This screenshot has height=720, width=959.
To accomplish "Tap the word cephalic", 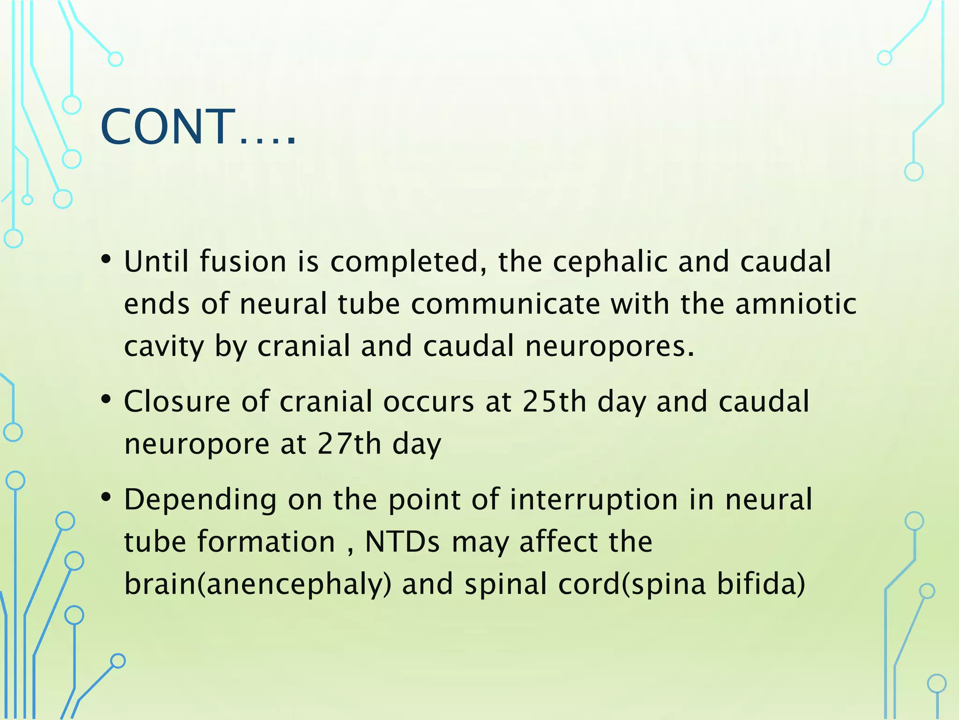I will (609, 262).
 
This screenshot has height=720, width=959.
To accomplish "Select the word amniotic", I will (796, 304).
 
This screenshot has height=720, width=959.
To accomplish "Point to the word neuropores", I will (609, 347).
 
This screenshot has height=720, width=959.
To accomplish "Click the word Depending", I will (200, 501).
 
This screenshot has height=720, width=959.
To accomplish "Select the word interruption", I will (593, 500).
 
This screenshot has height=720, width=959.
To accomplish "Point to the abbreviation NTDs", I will (402, 542).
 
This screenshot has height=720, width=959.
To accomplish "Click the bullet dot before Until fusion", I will (106, 259).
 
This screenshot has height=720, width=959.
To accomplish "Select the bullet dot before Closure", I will (106, 399).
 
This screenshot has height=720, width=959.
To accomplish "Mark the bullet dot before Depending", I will (106, 497).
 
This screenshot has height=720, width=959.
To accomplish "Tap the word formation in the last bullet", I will (266, 542).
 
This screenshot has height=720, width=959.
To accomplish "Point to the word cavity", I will (164, 347).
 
